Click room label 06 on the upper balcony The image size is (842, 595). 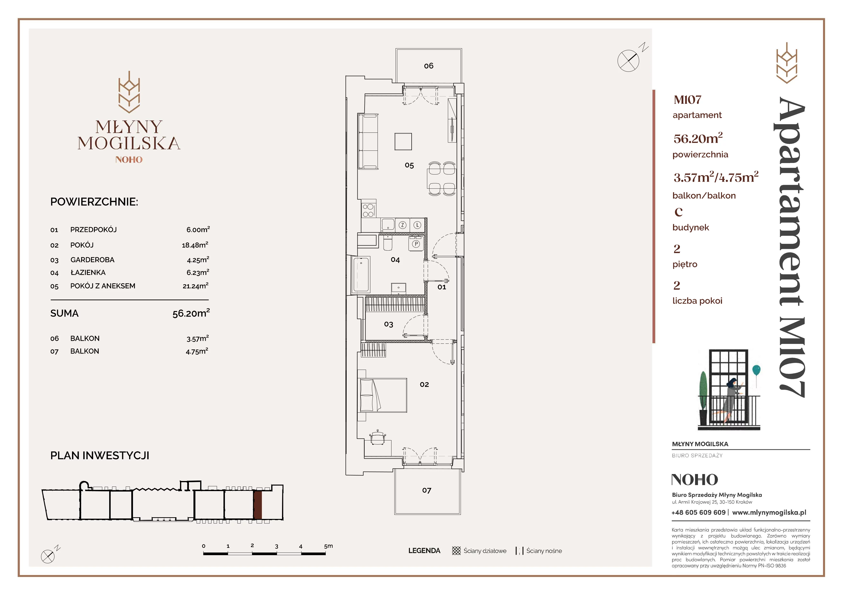tap(428, 66)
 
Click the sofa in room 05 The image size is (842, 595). tap(368, 141)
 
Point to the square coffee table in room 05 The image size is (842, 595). tap(403, 142)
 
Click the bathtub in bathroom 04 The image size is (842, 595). tap(361, 275)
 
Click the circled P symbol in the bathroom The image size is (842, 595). tap(416, 244)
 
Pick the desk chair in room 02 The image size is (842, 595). tap(378, 437)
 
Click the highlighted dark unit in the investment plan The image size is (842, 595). tap(258, 505)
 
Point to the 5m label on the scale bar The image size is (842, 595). tap(328, 546)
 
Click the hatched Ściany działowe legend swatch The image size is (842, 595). tap(456, 551)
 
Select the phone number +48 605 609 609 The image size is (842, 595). tap(698, 512)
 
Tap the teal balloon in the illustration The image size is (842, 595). tap(756, 370)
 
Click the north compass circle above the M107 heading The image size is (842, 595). tap(628, 60)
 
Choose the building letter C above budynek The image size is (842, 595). tap(679, 212)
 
